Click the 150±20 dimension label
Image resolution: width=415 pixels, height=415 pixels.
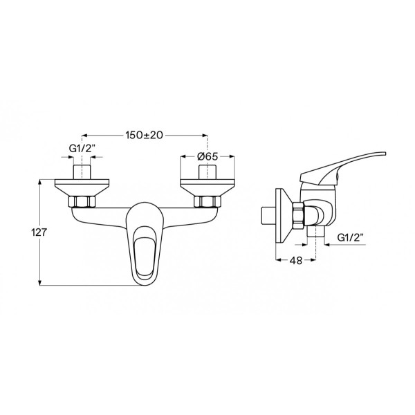click(145, 136)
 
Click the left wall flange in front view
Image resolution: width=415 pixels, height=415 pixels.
click(82, 187)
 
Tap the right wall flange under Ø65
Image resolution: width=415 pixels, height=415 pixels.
click(207, 187)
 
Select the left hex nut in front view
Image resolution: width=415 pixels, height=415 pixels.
click(83, 202)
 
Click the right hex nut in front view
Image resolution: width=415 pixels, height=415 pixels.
click(207, 202)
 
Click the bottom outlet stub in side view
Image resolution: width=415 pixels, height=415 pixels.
click(316, 238)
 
